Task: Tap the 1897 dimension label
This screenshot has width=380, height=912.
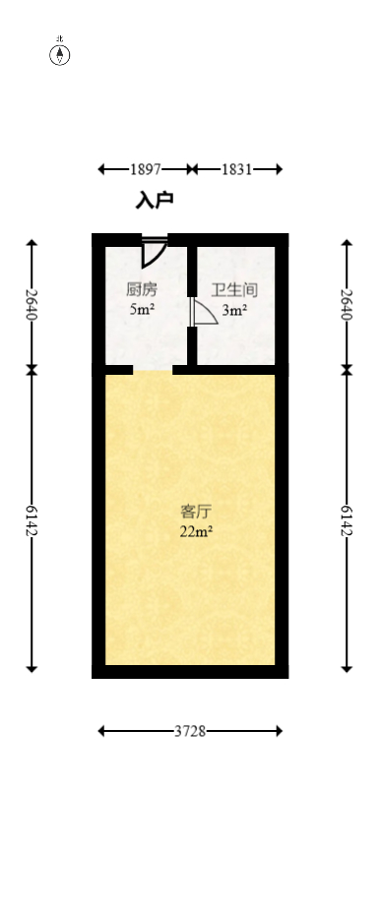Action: (x=145, y=169)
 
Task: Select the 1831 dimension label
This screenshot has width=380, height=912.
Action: (x=236, y=169)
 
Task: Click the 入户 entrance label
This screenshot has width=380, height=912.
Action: (x=155, y=201)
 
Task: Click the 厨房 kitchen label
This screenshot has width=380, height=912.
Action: (x=142, y=290)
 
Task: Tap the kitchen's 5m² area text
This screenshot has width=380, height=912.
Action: (x=142, y=310)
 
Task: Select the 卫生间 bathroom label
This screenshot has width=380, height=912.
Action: (x=234, y=290)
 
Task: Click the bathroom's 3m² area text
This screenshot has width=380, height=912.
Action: (x=234, y=310)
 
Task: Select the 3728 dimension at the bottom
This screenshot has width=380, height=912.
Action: (x=190, y=731)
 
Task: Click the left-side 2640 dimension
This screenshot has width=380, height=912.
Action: (x=32, y=305)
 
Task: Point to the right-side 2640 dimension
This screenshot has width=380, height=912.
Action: (x=347, y=305)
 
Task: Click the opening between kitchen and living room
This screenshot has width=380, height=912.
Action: (x=153, y=370)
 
